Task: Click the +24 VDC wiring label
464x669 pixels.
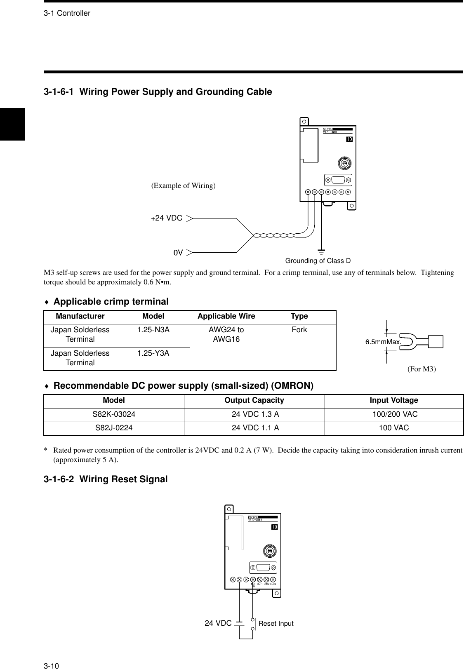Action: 167,218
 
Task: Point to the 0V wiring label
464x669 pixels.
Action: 178,252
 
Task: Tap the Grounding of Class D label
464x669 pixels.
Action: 318,261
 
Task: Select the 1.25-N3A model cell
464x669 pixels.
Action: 153,330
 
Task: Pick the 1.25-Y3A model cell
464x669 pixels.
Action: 153,353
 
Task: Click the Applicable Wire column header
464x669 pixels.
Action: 226,316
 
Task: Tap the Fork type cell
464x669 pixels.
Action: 299,330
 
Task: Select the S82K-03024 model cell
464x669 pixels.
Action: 113,414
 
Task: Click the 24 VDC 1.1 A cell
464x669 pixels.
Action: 255,428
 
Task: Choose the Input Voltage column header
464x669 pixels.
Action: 393,400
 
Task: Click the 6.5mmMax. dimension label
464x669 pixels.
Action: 383,342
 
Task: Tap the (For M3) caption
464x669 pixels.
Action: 422,369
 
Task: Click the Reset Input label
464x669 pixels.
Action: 276,624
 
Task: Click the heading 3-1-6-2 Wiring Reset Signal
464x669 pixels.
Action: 106,479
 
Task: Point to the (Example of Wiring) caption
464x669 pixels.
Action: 183,185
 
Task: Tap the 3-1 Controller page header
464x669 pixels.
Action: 67,13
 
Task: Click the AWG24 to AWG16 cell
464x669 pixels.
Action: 226,334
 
